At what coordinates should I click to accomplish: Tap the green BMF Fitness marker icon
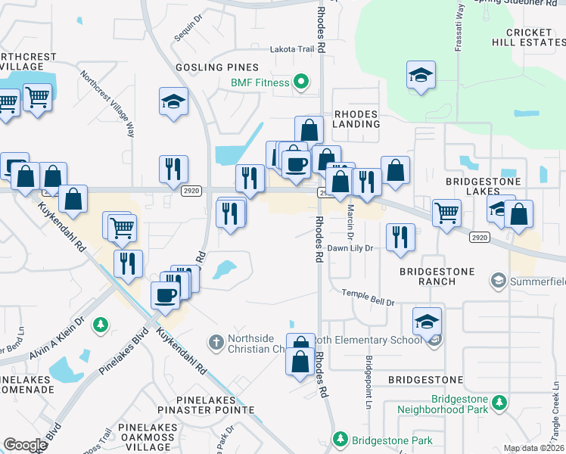click(301, 82)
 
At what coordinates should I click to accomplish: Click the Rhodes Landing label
click(356, 119)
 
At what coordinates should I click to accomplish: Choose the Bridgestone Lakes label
click(483, 187)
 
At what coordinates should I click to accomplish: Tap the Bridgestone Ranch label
click(437, 276)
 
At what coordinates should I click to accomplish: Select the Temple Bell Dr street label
click(369, 297)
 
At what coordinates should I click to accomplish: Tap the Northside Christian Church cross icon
click(216, 342)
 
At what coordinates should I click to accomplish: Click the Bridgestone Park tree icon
click(340, 440)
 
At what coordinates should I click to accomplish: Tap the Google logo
click(26, 445)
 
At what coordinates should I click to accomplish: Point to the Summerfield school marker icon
click(499, 281)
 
